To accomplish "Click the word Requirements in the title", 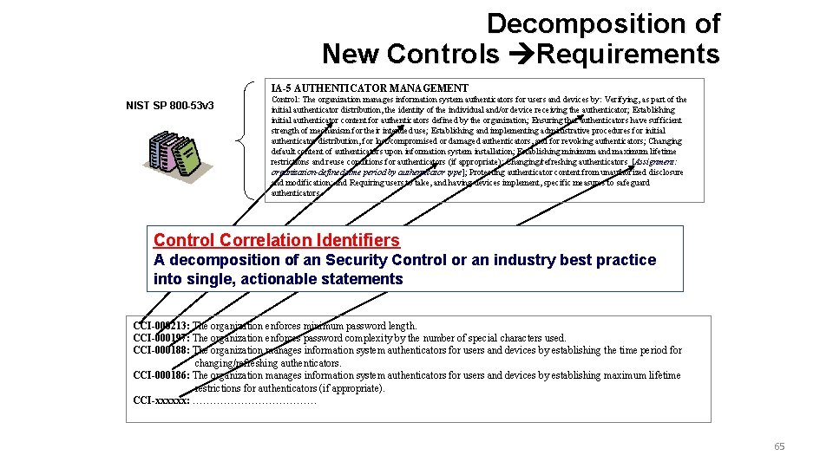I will (628, 55).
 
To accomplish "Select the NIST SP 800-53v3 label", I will (170, 107).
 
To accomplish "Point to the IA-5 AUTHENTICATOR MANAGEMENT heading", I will (369, 88).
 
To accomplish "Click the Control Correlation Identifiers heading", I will (276, 240).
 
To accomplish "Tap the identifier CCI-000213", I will (161, 326).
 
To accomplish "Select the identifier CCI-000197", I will (161, 338).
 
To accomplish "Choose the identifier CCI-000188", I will (161, 350).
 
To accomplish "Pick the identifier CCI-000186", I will (161, 375).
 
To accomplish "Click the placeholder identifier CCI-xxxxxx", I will (161, 400).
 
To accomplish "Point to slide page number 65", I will (778, 446).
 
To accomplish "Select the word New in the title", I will (351, 55).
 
